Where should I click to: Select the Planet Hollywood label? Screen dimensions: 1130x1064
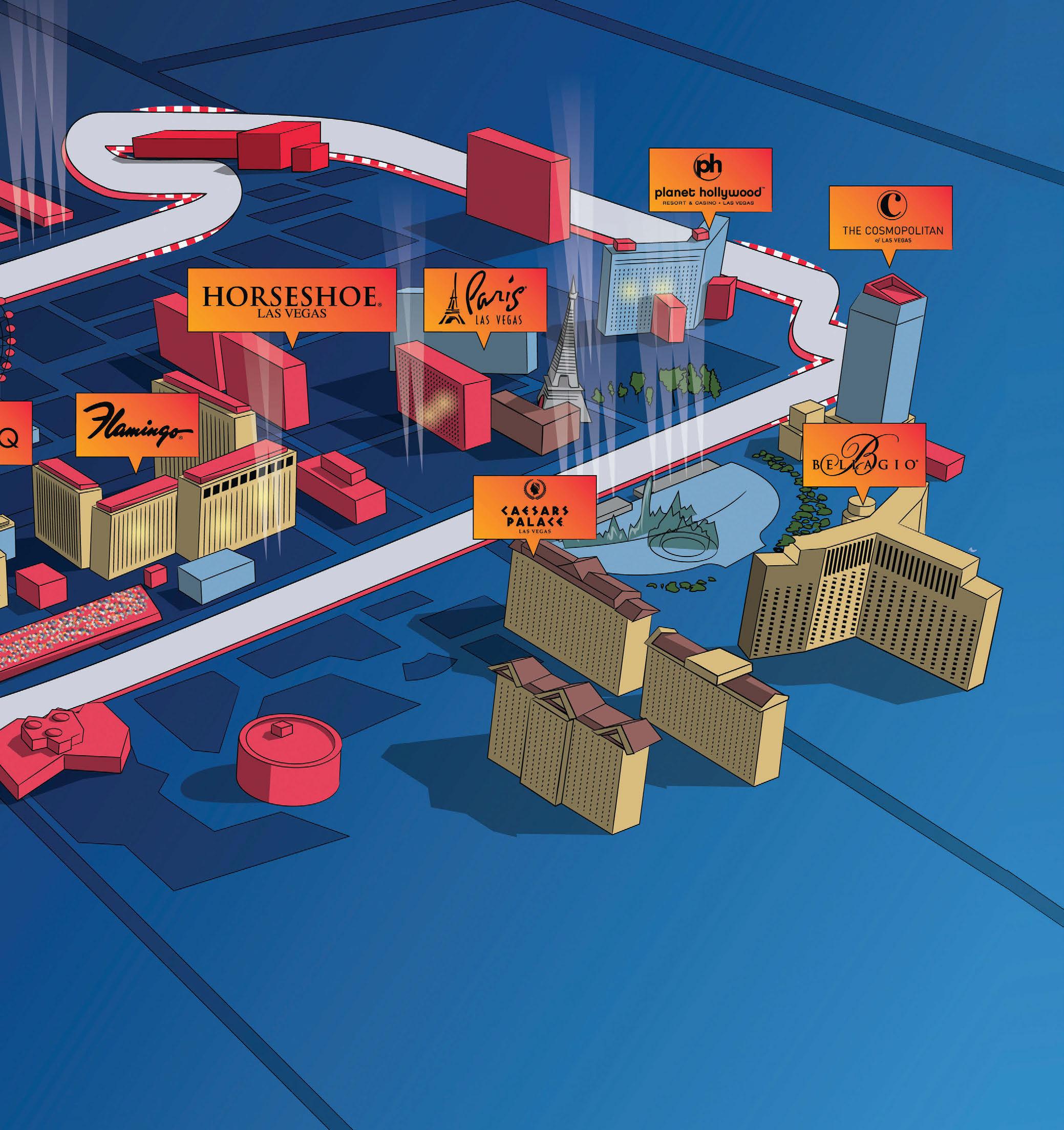point(710,180)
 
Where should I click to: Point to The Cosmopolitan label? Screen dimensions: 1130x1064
point(890,218)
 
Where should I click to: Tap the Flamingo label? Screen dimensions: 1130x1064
point(137,425)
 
